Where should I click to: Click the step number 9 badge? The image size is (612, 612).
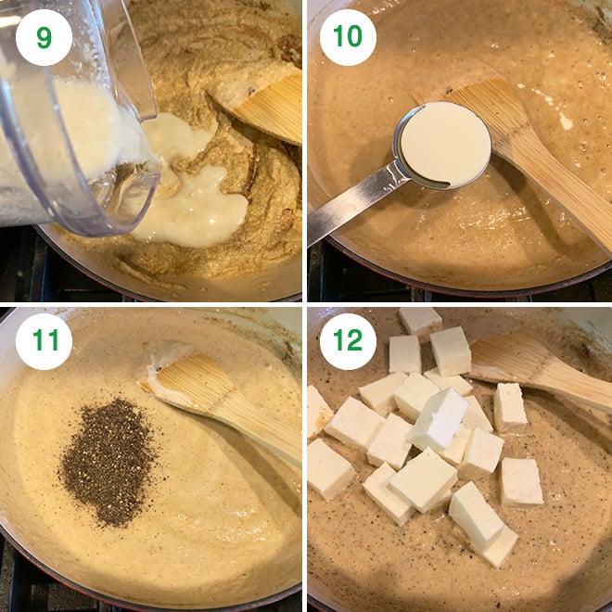[x=44, y=37]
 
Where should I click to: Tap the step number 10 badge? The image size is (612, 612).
[x=348, y=37]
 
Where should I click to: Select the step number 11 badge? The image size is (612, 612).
[x=44, y=341]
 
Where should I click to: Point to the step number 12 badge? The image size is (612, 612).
[x=348, y=341]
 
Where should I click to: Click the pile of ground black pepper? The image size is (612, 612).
[x=108, y=462]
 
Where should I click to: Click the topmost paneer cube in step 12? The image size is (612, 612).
[x=420, y=321]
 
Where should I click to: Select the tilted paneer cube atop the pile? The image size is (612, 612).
[x=440, y=418]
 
